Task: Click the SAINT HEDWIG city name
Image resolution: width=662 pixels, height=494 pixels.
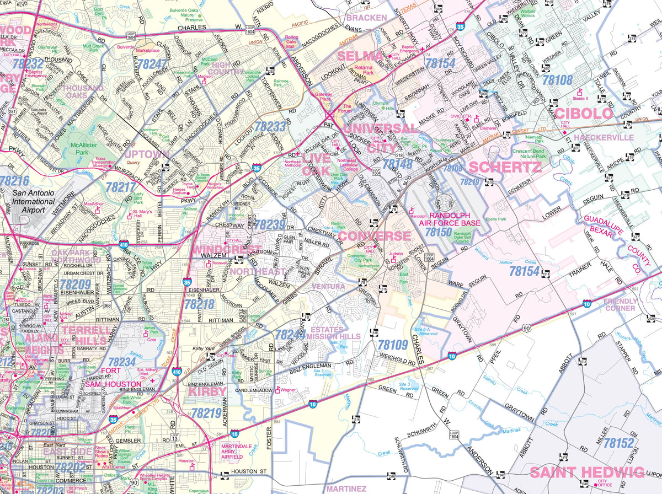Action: [586, 472]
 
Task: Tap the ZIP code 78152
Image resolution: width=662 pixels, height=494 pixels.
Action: [618, 443]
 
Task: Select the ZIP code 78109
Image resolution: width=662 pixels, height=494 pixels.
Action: [392, 345]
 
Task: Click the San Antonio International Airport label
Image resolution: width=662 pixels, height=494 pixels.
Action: [35, 202]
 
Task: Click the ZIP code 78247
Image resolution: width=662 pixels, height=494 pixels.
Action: [151, 65]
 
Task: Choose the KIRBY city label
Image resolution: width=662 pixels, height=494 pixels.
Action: [207, 391]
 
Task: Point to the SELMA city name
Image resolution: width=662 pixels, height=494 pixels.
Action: [360, 56]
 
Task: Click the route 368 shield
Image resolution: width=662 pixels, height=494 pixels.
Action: [107, 305]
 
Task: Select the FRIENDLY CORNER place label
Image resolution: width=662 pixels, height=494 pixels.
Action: [620, 305]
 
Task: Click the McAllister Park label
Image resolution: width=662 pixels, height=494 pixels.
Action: [74, 149]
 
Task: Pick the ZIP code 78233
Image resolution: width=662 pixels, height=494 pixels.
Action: [270, 126]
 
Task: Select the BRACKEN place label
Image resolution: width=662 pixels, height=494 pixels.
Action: [366, 18]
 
